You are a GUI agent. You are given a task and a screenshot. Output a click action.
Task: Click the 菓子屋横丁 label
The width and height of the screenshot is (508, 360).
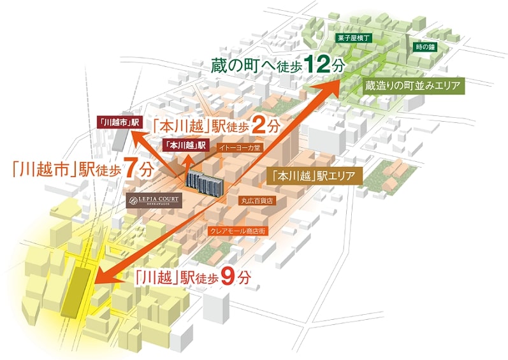point(353,38)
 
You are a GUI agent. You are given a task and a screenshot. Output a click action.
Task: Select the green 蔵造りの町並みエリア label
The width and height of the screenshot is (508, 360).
point(413,85)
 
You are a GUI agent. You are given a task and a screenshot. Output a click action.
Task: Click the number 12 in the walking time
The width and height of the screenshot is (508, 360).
point(317,65)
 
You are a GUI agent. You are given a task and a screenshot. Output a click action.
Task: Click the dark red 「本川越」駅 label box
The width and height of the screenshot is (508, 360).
point(186,145)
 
